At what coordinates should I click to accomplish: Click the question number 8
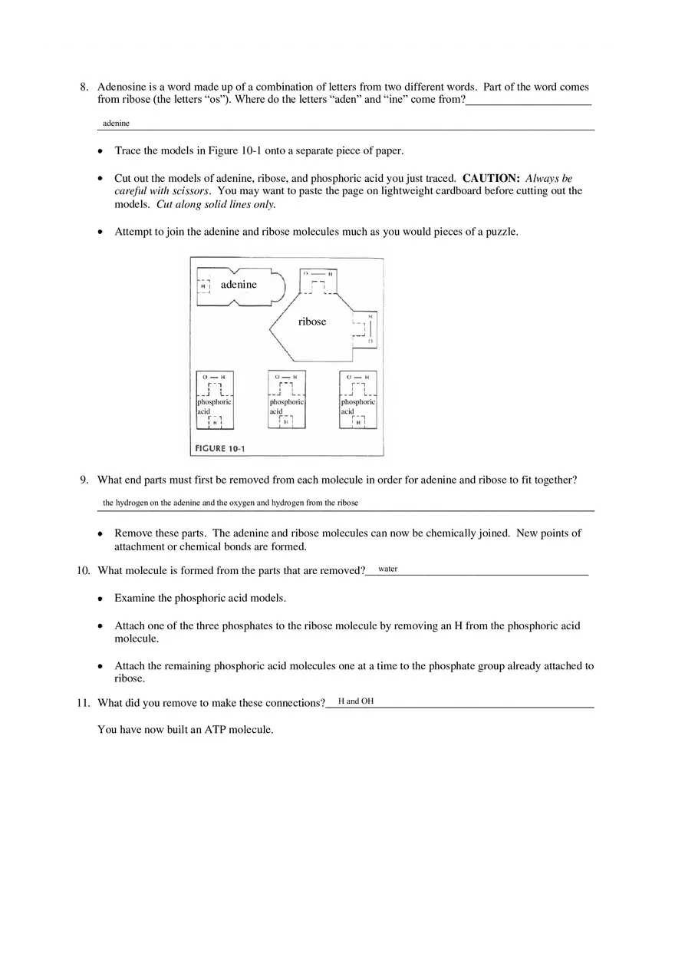click(x=84, y=87)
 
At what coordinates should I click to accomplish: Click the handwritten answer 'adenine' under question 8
click(x=116, y=123)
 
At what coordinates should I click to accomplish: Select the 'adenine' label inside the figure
click(x=239, y=285)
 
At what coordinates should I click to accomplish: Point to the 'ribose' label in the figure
click(x=312, y=322)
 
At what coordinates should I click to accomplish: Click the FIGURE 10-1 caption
click(x=218, y=448)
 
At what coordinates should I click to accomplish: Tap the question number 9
click(x=84, y=480)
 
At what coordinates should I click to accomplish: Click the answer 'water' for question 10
click(x=387, y=569)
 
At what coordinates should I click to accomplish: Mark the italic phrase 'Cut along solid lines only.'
click(x=216, y=204)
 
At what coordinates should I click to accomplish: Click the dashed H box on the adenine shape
click(x=203, y=285)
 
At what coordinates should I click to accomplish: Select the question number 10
click(x=84, y=570)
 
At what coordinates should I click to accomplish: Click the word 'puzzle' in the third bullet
click(x=501, y=232)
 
